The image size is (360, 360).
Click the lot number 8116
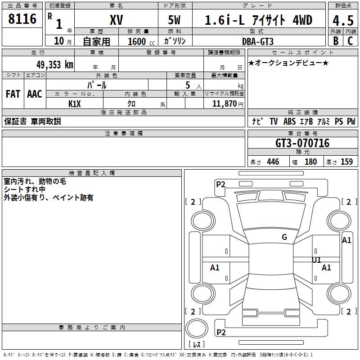coord(22,19)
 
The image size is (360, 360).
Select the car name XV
coord(117,20)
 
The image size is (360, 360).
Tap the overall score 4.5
coord(343,20)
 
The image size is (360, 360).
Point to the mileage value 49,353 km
coord(55,65)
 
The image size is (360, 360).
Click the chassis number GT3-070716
coord(302,143)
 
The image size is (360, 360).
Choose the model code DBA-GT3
coord(258,41)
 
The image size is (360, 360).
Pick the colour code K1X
coord(75,104)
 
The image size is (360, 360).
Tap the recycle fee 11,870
coord(224,104)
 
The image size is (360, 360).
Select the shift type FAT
coord(13,94)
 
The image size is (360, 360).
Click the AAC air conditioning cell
coord(35,94)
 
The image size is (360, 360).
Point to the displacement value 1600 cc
coord(141,41)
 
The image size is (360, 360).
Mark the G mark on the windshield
coord(284,237)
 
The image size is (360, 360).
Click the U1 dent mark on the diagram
coord(316,260)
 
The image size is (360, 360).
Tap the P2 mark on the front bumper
coord(220,184)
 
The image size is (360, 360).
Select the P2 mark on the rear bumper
coord(221,332)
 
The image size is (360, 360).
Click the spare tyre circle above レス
coord(197,328)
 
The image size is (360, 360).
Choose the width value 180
coord(310,162)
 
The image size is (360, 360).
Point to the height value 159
coord(346,162)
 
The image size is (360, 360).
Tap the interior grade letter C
coord(350,41)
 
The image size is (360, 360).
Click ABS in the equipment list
coord(289,121)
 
